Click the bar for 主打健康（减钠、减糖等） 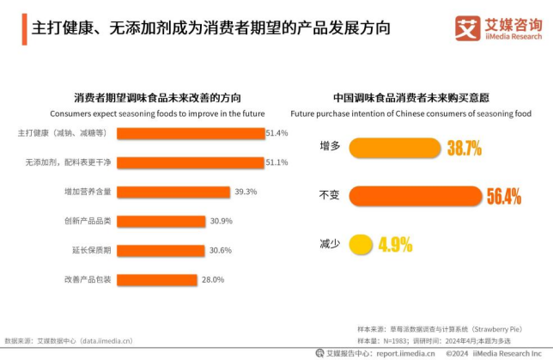[x=190, y=133]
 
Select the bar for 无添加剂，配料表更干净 [x=190, y=162]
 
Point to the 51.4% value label [x=276, y=133]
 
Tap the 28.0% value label [x=213, y=279]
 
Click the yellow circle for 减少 [x=361, y=244]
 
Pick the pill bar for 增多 [x=394, y=148]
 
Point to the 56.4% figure [x=504, y=196]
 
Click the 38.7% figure [x=464, y=148]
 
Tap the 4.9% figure [x=395, y=244]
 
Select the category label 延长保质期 [x=88, y=250]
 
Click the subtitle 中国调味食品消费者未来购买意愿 [x=410, y=97]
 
